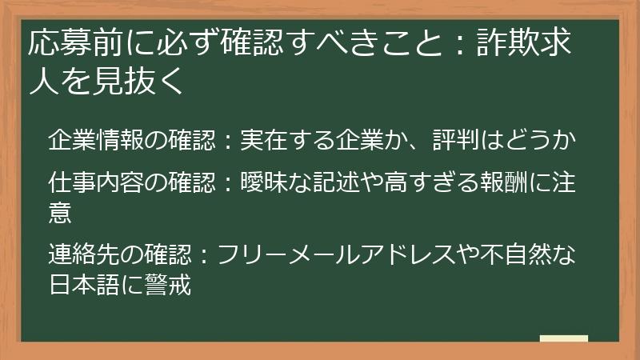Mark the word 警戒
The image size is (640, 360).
168,285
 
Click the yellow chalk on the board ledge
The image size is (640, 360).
563,338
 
